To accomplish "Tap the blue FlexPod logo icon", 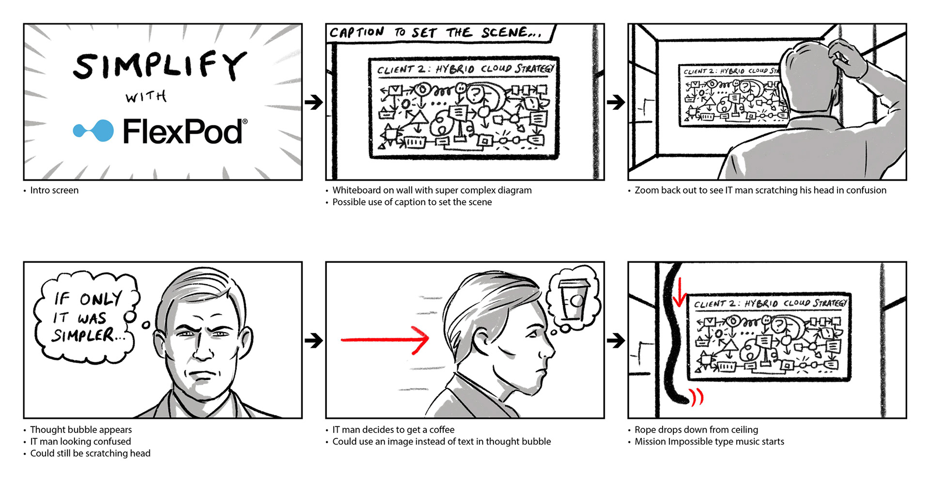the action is [x=94, y=130].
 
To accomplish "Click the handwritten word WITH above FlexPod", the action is [x=146, y=97].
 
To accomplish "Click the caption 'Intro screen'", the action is [x=54, y=190].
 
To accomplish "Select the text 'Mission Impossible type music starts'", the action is [x=709, y=441].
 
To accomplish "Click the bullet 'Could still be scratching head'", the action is [x=90, y=453].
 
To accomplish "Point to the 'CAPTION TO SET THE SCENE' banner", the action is [x=436, y=33].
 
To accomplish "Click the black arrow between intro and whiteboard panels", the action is [x=314, y=102].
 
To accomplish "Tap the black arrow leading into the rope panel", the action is [x=616, y=340].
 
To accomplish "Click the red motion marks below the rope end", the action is [x=697, y=398].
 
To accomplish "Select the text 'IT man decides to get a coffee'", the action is [x=393, y=430].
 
